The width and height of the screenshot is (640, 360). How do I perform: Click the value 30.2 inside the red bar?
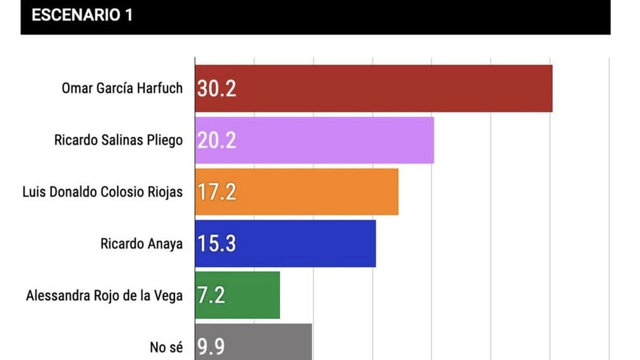[x=217, y=88]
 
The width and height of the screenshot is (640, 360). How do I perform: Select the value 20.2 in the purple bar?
[x=217, y=140]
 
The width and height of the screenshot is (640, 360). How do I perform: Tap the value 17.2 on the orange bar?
[x=217, y=192]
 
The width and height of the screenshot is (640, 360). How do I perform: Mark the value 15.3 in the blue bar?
[x=217, y=244]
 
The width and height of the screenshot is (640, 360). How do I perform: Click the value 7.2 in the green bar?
[x=212, y=295]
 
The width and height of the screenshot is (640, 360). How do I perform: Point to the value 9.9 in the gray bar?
[x=212, y=347]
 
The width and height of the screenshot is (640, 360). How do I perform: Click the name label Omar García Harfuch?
[x=122, y=88]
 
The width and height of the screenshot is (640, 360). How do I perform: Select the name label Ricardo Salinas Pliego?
[x=119, y=140]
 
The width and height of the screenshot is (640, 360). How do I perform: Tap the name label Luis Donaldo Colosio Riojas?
[x=102, y=191]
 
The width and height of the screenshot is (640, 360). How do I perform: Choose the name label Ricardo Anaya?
[x=142, y=243]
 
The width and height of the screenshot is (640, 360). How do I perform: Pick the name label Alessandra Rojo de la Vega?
[x=104, y=295]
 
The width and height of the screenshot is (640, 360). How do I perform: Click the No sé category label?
[x=166, y=347]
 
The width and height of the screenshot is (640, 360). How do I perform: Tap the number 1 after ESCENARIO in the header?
[x=128, y=15]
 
